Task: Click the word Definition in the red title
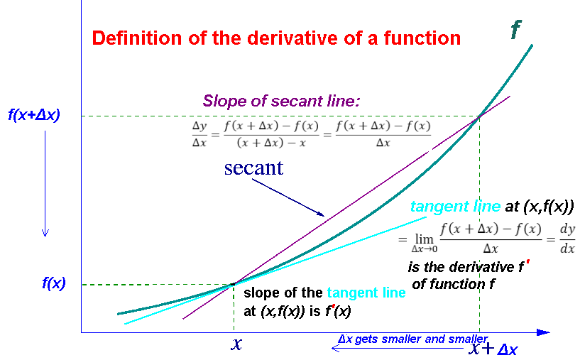pos(137,38)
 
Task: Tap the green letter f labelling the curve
pos(516,29)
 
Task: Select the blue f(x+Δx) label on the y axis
pos(34,115)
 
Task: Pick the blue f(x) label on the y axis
pos(54,283)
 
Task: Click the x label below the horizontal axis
pos(236,344)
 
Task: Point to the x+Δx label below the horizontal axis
pos(493,349)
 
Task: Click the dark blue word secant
pos(253,168)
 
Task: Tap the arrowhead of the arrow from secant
pos(321,214)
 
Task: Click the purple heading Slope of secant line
pos(282,101)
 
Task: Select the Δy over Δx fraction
pos(199,134)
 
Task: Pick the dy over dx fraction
pos(567,239)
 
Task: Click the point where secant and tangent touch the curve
pos(233,284)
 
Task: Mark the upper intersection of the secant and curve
pos(480,116)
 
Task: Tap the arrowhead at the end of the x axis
pos(544,332)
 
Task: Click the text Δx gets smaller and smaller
pos(412,339)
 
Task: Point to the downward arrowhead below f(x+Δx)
pos(45,233)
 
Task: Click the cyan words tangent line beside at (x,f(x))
pos(455,207)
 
